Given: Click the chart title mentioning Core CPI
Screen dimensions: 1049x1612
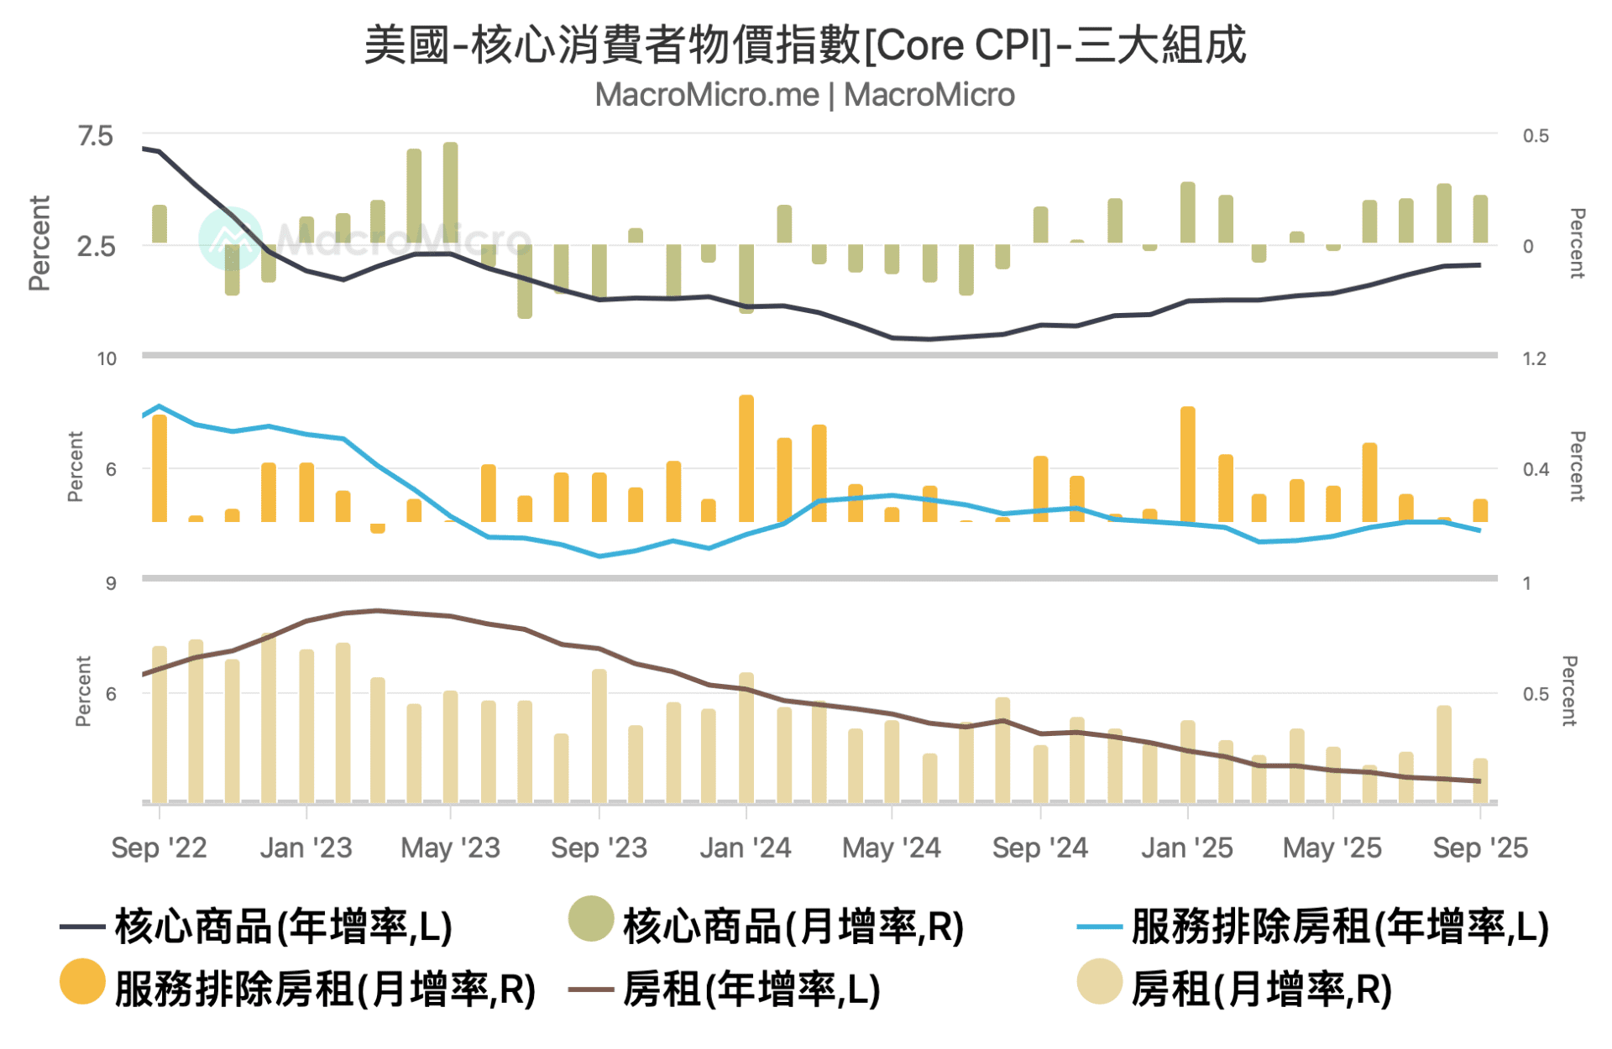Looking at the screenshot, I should pyautogui.click(x=804, y=45).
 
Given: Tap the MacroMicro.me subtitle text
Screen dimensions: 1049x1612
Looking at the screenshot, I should pyautogui.click(x=804, y=95).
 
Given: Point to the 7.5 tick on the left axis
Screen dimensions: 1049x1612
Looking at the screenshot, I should pyautogui.click(x=95, y=136).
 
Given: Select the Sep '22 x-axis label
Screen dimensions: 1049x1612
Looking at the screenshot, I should pyautogui.click(x=159, y=848).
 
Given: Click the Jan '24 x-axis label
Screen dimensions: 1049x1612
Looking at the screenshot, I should pyautogui.click(x=746, y=848).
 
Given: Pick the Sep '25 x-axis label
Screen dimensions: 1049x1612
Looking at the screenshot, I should pyautogui.click(x=1479, y=848).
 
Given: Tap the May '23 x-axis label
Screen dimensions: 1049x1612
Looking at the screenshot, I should pyautogui.click(x=450, y=848).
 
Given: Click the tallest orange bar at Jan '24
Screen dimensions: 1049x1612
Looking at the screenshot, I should pyautogui.click(x=746, y=457).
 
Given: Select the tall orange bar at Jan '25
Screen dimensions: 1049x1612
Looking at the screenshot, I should pyautogui.click(x=1187, y=463).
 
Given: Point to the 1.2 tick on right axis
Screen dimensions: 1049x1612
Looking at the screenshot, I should pyautogui.click(x=1534, y=359).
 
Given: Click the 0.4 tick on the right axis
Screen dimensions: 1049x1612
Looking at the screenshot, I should pyautogui.click(x=1536, y=469).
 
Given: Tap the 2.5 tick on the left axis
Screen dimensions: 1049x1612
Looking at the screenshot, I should pyautogui.click(x=95, y=247).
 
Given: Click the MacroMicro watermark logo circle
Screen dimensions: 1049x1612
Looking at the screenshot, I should pyautogui.click(x=229, y=238).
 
